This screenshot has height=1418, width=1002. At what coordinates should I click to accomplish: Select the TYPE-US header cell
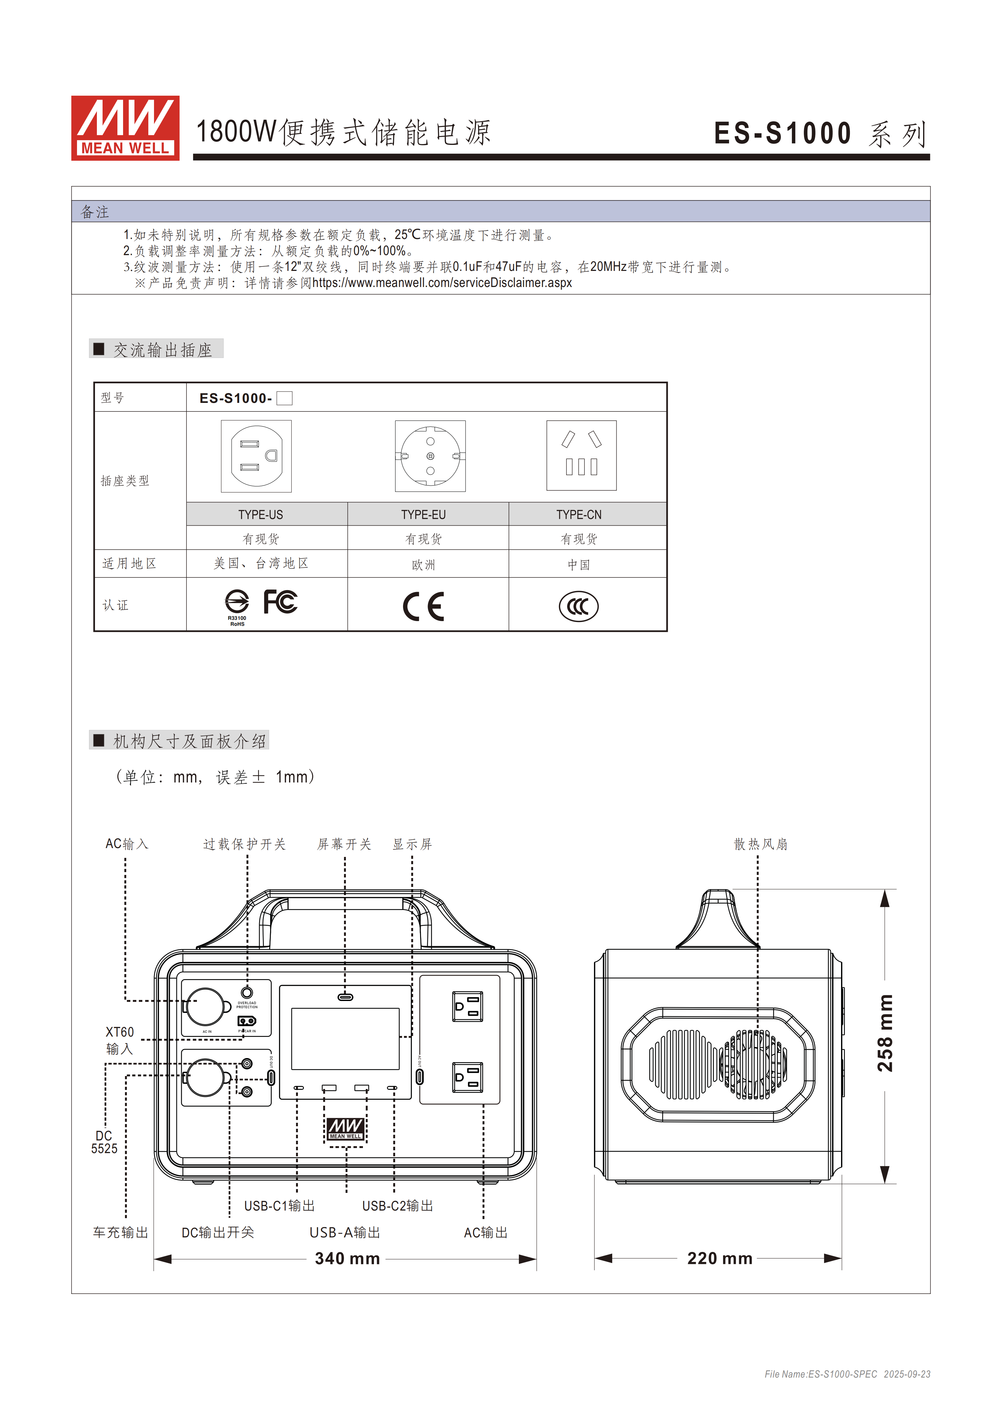point(261,514)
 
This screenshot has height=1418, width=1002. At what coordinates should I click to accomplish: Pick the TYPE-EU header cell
point(424,514)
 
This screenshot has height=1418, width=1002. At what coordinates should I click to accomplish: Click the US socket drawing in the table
point(256,456)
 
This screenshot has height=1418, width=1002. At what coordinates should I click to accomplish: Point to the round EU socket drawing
point(430,456)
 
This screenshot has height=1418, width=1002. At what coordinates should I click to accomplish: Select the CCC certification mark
point(578,607)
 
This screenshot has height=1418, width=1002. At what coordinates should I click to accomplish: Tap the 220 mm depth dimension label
point(720,1259)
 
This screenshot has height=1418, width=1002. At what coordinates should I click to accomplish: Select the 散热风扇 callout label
point(761,844)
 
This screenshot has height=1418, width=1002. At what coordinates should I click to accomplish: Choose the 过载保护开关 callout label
point(245,844)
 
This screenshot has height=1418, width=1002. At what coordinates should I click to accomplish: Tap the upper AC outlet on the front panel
point(467,1007)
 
